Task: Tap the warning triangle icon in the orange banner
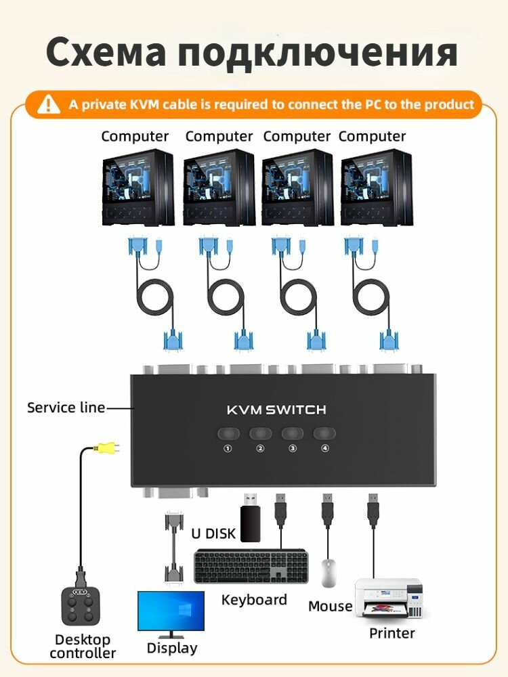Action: point(49,105)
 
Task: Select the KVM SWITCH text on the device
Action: point(276,410)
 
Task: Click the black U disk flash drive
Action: point(249,517)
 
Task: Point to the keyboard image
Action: point(251,567)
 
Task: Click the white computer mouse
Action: point(329,573)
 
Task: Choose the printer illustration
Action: point(391,598)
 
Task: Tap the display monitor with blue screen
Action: point(171,613)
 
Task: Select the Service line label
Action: point(66,408)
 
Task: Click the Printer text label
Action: point(391,634)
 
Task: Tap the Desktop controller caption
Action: point(83,646)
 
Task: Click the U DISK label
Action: point(213,533)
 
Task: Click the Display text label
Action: point(172,649)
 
